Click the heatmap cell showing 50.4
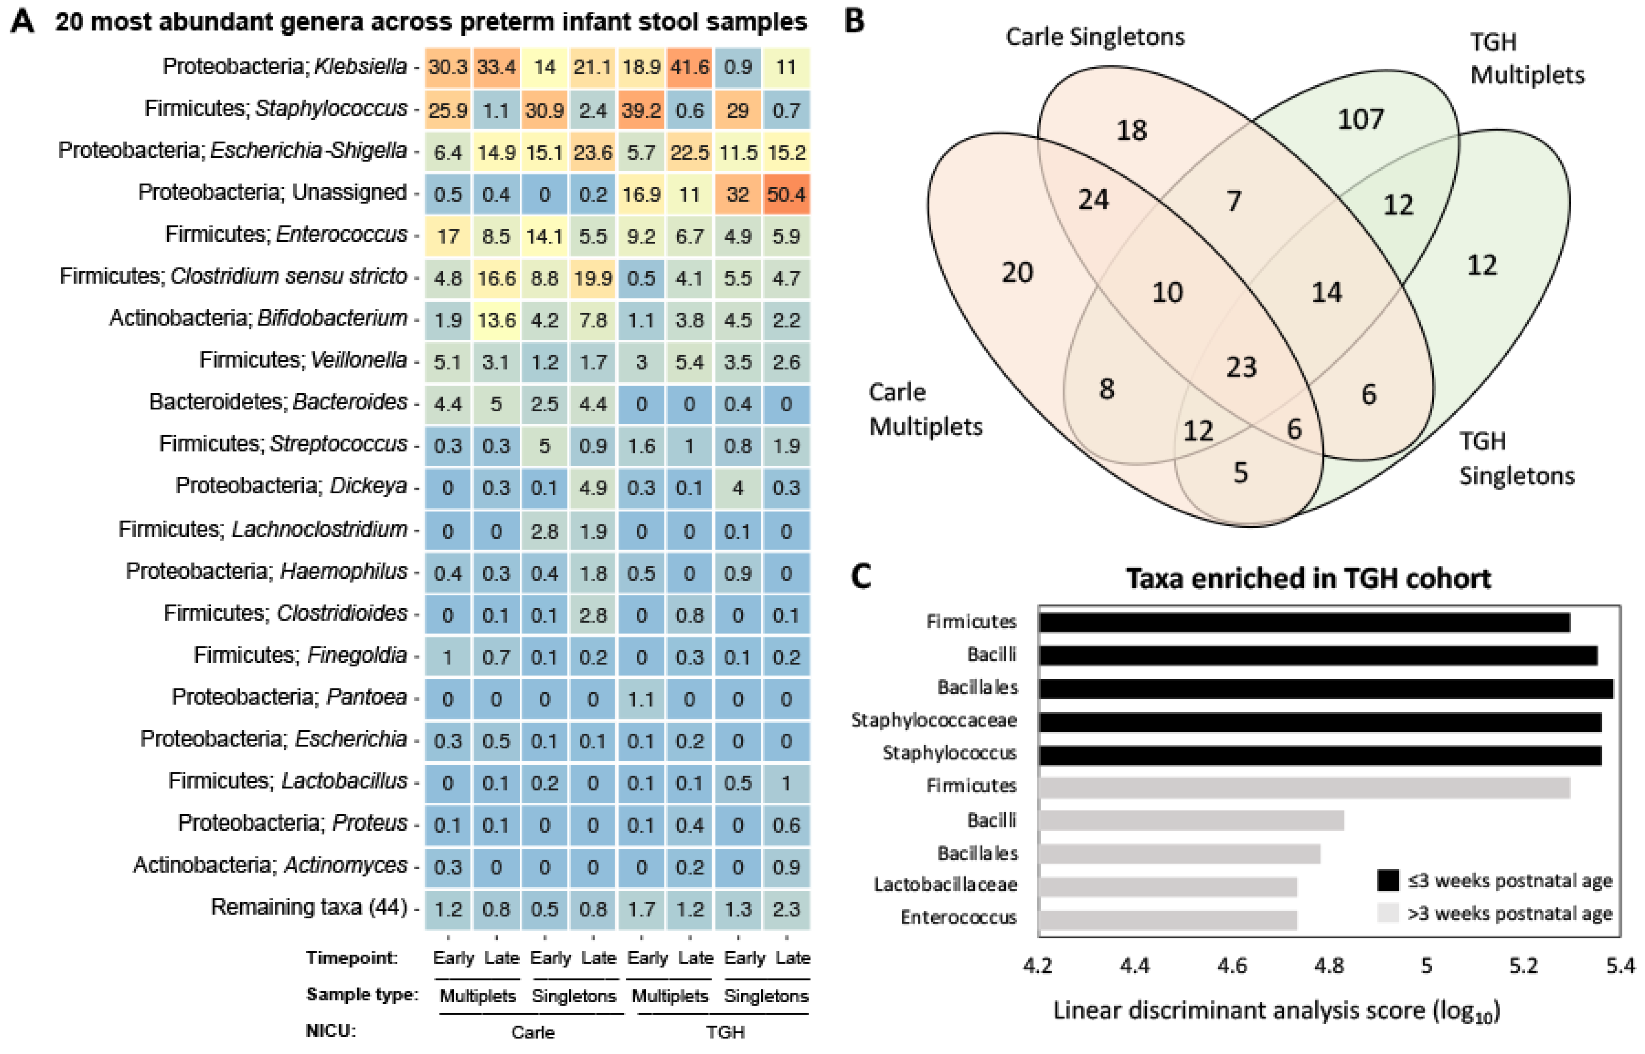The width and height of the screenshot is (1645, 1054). click(786, 194)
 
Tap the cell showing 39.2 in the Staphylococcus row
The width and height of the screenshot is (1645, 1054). click(641, 110)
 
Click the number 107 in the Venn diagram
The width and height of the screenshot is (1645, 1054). click(1360, 120)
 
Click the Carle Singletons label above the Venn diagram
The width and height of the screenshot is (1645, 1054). click(1095, 37)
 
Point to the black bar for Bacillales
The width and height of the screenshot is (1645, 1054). click(1326, 688)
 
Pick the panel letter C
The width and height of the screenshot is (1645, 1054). click(861, 576)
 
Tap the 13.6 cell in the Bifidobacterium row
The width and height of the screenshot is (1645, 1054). click(496, 320)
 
